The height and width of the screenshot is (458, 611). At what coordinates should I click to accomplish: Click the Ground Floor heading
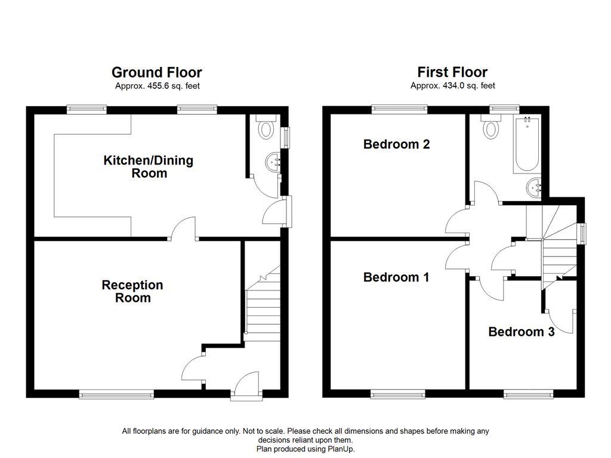[156, 72]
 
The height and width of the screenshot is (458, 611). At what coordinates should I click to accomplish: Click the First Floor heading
[452, 72]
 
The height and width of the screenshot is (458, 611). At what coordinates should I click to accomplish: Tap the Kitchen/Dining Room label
[149, 167]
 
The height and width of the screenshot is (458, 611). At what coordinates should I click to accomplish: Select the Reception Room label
[132, 292]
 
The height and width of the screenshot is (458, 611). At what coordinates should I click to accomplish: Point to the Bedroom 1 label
[396, 277]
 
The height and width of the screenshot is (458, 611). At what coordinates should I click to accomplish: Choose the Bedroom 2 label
[396, 144]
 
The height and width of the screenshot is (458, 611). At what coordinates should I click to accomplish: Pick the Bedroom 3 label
[521, 332]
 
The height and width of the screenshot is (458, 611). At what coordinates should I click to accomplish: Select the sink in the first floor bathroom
[532, 188]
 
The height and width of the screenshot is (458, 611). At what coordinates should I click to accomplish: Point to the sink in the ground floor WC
[274, 162]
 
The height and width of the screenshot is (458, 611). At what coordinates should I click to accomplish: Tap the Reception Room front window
[117, 394]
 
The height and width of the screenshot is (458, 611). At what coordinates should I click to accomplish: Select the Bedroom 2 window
[399, 109]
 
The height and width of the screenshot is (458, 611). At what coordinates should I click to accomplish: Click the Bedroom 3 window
[528, 394]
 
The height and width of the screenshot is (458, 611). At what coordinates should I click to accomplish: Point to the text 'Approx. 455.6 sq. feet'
[157, 86]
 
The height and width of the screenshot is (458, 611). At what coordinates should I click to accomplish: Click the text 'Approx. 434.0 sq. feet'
[452, 86]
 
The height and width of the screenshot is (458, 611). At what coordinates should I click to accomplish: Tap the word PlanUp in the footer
[340, 448]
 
